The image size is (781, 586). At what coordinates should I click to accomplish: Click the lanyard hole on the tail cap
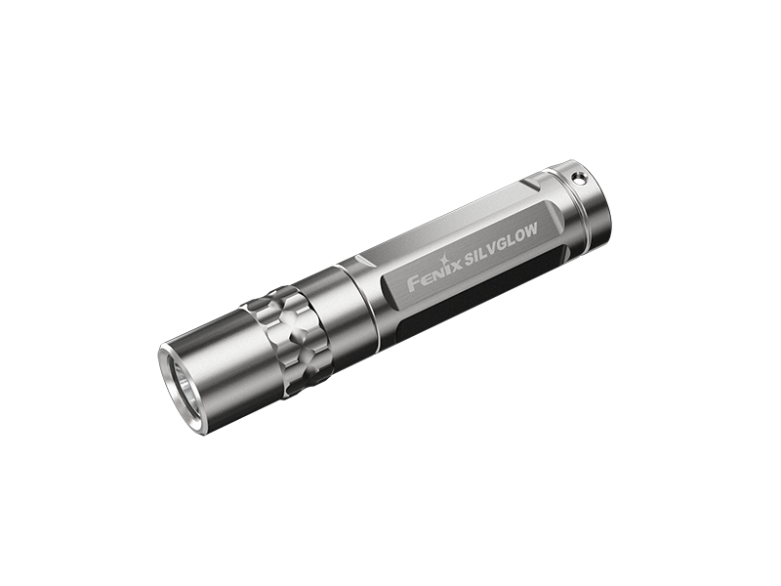coord(578,177)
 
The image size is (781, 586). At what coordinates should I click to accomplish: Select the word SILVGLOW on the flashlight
coord(500,242)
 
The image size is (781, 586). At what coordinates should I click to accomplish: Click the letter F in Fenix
coord(414,284)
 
